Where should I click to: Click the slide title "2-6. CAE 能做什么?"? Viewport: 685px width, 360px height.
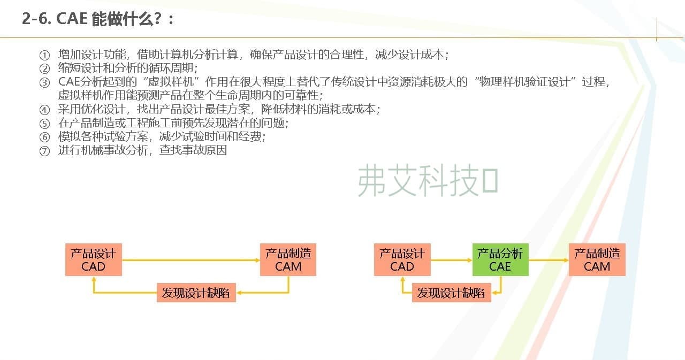coord(98,19)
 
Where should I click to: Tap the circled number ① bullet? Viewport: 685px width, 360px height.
coord(44,55)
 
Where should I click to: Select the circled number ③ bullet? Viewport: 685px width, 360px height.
coord(44,82)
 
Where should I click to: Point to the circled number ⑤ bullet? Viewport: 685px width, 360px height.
coord(44,124)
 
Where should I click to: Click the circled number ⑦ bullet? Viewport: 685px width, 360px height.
coord(44,151)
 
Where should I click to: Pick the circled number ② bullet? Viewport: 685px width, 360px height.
coord(44,69)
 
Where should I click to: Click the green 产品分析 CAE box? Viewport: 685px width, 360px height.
coord(500,260)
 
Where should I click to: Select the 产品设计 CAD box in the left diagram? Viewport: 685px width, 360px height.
coord(94,260)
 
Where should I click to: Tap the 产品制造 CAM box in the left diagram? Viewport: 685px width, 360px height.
coord(288,260)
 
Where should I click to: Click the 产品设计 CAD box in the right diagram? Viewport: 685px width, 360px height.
coord(402,260)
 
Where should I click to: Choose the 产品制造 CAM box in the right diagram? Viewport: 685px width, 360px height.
coord(597,260)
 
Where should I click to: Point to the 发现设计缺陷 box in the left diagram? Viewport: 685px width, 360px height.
coord(196,293)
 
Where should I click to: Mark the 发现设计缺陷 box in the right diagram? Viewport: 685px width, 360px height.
coord(451,293)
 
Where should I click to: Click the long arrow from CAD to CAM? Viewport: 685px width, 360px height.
coord(191,260)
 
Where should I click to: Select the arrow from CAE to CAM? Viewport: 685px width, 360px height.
coord(549,260)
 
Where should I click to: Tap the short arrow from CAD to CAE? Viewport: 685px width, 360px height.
coord(451,260)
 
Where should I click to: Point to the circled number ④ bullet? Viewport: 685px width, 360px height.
coord(44,110)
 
